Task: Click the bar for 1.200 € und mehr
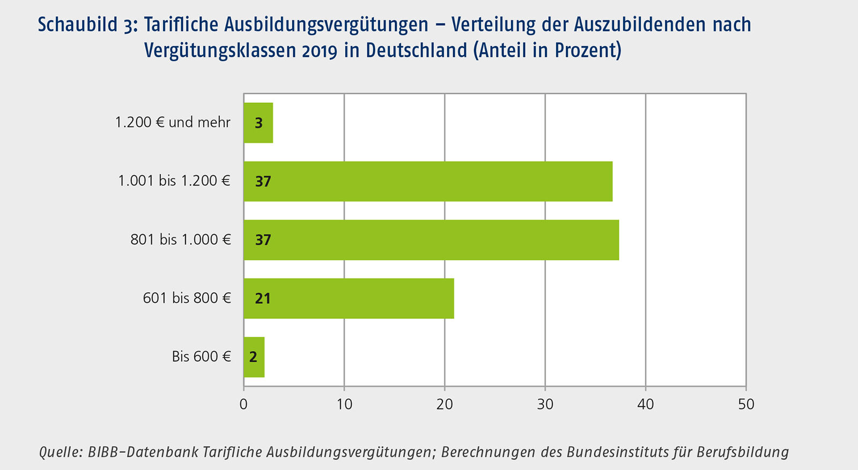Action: (258, 123)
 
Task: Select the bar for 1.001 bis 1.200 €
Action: (428, 181)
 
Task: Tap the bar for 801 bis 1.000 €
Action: (431, 240)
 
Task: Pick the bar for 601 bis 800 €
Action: (349, 298)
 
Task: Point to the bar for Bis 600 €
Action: (254, 356)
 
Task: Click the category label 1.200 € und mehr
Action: (173, 122)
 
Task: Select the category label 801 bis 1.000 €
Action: (181, 240)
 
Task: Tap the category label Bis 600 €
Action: (201, 356)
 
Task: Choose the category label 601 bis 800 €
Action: (187, 298)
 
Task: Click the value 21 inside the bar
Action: (263, 299)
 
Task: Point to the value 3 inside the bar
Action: (258, 123)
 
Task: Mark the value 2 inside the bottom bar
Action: (253, 357)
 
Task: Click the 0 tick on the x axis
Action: (243, 404)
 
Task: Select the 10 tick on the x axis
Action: (344, 404)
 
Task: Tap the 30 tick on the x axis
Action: (545, 404)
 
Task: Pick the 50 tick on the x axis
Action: (746, 404)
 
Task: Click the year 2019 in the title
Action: (320, 50)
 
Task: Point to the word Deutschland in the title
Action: (417, 50)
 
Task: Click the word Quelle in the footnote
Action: (60, 452)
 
